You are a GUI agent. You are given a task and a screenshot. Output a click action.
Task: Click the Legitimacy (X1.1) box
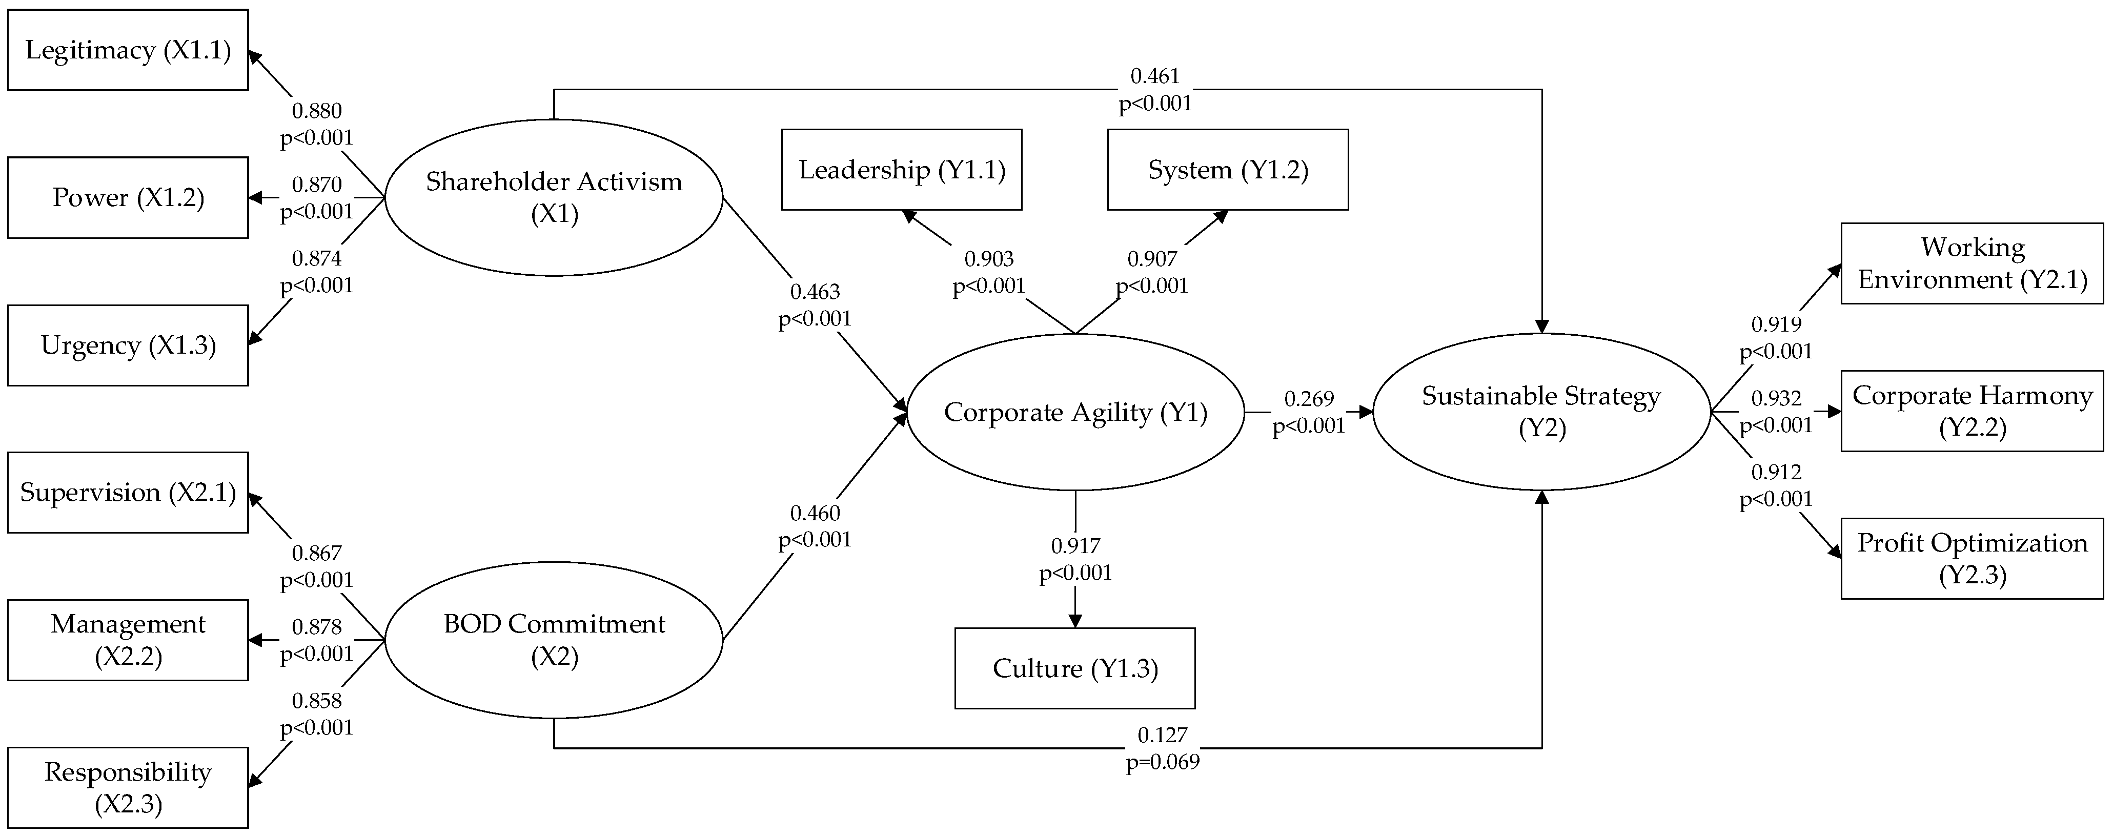point(128,50)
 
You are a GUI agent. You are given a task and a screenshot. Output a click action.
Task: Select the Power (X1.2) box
point(128,198)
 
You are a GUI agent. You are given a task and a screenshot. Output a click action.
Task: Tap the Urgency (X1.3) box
point(128,345)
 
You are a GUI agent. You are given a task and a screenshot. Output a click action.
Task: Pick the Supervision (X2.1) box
point(128,492)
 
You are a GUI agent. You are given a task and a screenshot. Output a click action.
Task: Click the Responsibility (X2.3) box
point(128,788)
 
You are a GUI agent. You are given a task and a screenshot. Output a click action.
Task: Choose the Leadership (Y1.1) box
point(902,170)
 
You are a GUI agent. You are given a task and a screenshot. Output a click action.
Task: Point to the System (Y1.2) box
point(1228,170)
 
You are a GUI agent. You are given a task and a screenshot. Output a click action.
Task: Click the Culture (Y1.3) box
point(1074,668)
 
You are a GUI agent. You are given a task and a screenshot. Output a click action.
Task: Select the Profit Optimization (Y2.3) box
point(1972,559)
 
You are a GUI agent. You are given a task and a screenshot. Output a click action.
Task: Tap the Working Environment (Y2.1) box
point(1972,263)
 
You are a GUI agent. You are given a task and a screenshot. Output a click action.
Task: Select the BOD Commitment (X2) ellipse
point(554,640)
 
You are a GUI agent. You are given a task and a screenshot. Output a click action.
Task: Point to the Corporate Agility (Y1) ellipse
point(1075,412)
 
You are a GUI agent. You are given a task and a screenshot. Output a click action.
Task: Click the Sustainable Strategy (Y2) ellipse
point(1541,412)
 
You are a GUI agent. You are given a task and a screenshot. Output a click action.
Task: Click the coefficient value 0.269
point(1309,399)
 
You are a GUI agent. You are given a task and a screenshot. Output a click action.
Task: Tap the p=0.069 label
point(1162,762)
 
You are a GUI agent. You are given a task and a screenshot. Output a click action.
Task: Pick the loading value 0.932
point(1776,399)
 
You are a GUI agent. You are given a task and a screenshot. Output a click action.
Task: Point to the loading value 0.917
point(1075,545)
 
